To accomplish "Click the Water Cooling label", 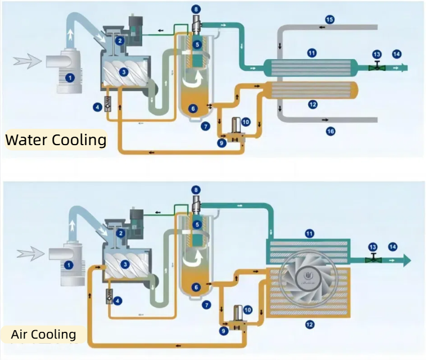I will coord(55,139).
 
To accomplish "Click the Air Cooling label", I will coord(44,334).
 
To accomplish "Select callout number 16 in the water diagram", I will coord(330,130).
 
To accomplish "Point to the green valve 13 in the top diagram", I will coord(376,67).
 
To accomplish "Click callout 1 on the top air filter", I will coord(70,78).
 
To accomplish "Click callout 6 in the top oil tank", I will coord(193,109).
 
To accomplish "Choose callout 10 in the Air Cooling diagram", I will coord(248,309).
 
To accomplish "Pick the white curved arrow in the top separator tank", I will coord(194,83).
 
